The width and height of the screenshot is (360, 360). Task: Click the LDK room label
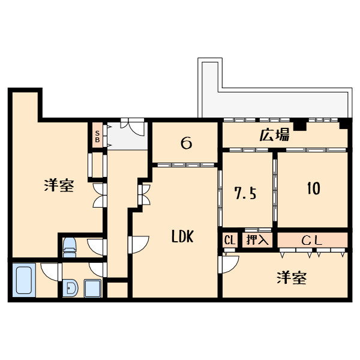(182, 237)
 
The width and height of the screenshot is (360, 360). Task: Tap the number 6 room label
(186, 143)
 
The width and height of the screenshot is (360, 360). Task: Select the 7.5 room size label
(245, 193)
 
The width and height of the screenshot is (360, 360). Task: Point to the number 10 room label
(313, 188)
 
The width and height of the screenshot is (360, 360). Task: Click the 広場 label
(274, 135)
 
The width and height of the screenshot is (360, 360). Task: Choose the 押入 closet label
(258, 240)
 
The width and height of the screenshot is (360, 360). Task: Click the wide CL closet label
(312, 241)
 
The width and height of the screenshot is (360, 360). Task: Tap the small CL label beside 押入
(229, 240)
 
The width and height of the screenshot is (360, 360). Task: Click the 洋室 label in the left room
(59, 185)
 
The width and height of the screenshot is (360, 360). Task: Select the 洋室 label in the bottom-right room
(292, 278)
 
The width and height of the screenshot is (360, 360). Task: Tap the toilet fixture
(70, 244)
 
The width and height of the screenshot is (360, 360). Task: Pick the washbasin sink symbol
(70, 289)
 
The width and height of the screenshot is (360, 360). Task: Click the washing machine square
(93, 289)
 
